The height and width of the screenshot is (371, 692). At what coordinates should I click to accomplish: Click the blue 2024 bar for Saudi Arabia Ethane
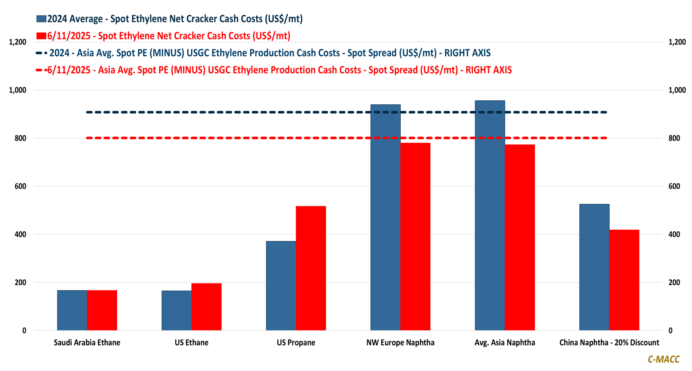pyautogui.click(x=72, y=310)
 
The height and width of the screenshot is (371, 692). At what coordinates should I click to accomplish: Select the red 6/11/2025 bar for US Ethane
pyautogui.click(x=206, y=307)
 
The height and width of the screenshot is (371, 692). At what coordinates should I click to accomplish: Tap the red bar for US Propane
pyautogui.click(x=311, y=268)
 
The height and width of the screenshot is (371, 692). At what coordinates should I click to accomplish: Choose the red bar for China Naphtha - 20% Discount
pyautogui.click(x=624, y=280)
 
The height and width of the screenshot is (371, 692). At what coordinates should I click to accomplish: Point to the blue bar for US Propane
pyautogui.click(x=281, y=286)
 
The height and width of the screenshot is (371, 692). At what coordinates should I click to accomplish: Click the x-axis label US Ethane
pyautogui.click(x=191, y=343)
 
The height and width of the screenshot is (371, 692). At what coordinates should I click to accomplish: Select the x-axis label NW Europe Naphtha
pyautogui.click(x=400, y=343)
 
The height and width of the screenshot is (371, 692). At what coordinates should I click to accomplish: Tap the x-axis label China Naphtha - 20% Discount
pyautogui.click(x=609, y=343)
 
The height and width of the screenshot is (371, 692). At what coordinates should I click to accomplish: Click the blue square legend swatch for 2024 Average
pyautogui.click(x=41, y=19)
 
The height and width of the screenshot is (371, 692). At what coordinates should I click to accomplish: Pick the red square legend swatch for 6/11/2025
pyautogui.click(x=41, y=36)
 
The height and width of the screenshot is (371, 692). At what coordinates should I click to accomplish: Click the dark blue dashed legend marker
pyautogui.click(x=41, y=53)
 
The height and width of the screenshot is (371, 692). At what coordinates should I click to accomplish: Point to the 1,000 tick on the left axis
pyautogui.click(x=18, y=90)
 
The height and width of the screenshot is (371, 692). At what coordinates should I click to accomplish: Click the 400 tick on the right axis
pyautogui.click(x=674, y=234)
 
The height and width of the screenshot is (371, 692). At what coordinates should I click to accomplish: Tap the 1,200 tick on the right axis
pyautogui.click(x=677, y=42)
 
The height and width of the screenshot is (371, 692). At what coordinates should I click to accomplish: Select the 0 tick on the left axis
pyautogui.click(x=24, y=331)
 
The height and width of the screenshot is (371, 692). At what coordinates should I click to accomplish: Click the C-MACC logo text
pyautogui.click(x=663, y=359)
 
